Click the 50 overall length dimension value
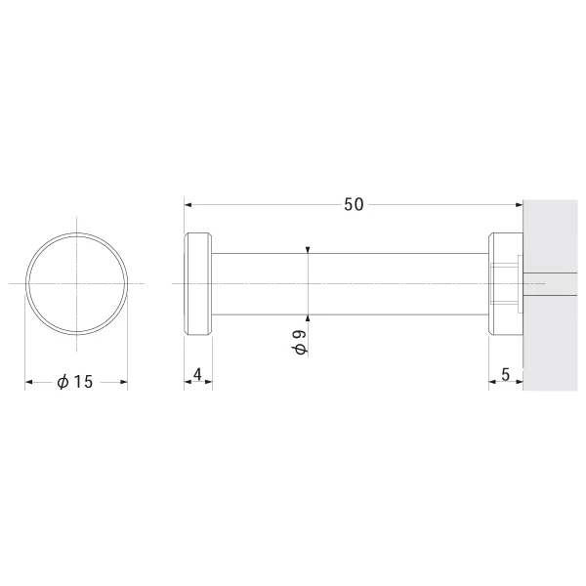tap(354, 205)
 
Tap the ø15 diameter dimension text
tap(75, 382)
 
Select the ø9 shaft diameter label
tap(300, 342)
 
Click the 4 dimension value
tap(197, 374)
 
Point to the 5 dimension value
tap(505, 374)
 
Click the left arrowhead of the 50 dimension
tap(188, 205)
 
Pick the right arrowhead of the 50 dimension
tap(519, 205)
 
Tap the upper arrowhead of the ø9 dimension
tap(308, 250)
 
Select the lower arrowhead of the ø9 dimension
tap(308, 318)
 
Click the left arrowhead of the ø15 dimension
tap(28, 382)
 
